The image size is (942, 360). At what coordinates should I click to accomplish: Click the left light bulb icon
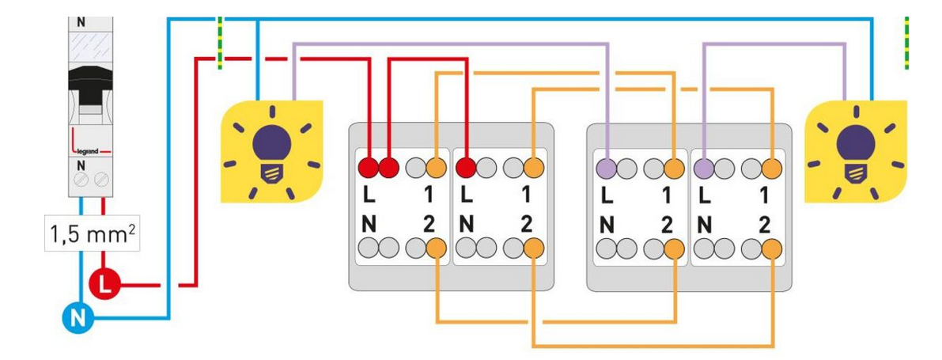tap(269, 148)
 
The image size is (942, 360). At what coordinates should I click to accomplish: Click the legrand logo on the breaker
tap(89, 148)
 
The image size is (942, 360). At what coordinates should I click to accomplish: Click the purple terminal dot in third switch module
tap(607, 167)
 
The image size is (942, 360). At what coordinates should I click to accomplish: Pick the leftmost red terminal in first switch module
tap(368, 167)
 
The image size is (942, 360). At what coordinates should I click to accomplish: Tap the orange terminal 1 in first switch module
tap(437, 167)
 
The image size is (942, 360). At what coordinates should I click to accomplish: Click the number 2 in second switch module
tap(528, 224)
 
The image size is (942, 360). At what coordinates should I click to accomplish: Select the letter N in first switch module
tap(369, 224)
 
